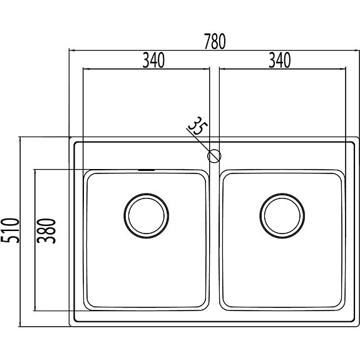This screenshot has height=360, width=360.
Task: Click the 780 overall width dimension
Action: coord(215,41)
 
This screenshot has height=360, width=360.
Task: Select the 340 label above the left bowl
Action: coord(153,60)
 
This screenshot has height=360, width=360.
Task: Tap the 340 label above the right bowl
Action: coord(280,60)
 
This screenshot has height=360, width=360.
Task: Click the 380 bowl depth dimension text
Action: coord(46,231)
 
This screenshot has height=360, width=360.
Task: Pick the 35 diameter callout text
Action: coord(198,126)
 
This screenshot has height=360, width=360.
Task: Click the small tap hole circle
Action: coord(214,156)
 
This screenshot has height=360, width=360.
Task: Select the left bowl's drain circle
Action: coord(147,216)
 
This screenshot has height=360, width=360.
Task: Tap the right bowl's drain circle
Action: coord(282,216)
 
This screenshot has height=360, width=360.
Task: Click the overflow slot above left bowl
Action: coord(147,170)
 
